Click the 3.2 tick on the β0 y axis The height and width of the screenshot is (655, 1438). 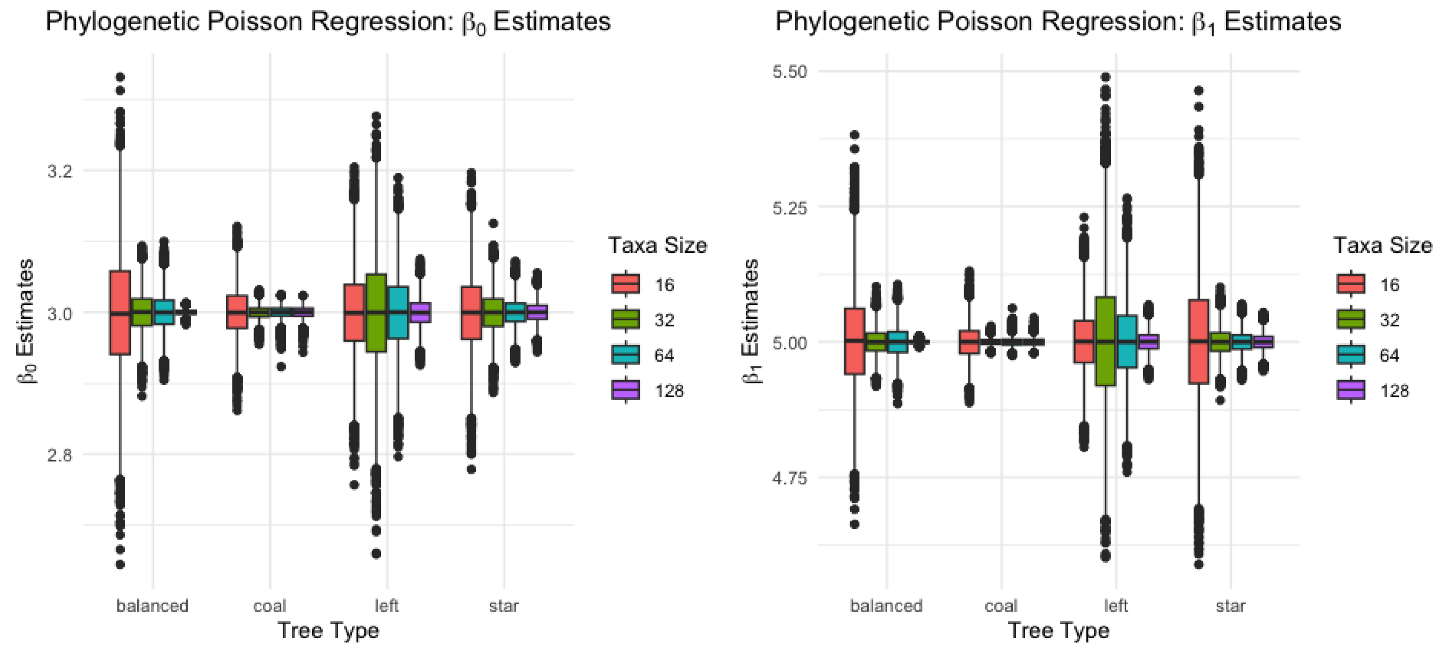[x=60, y=171]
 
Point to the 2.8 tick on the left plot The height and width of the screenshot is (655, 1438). [x=60, y=455]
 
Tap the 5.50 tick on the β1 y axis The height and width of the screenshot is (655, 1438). [x=789, y=72]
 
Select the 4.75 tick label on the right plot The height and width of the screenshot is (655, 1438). [x=789, y=479]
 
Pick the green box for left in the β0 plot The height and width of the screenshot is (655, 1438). [x=376, y=313]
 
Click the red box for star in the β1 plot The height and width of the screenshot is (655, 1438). [x=1198, y=341]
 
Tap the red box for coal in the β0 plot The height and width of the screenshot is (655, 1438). [x=237, y=312]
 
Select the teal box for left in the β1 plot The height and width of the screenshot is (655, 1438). [x=1127, y=341]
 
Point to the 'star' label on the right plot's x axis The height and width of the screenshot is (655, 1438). [x=1230, y=606]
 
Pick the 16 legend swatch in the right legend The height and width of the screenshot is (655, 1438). [x=1351, y=284]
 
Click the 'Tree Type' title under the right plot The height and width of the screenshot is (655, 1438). [x=1058, y=630]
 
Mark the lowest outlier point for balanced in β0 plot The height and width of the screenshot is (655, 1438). [x=120, y=564]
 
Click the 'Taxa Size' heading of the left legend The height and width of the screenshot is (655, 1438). [x=657, y=245]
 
